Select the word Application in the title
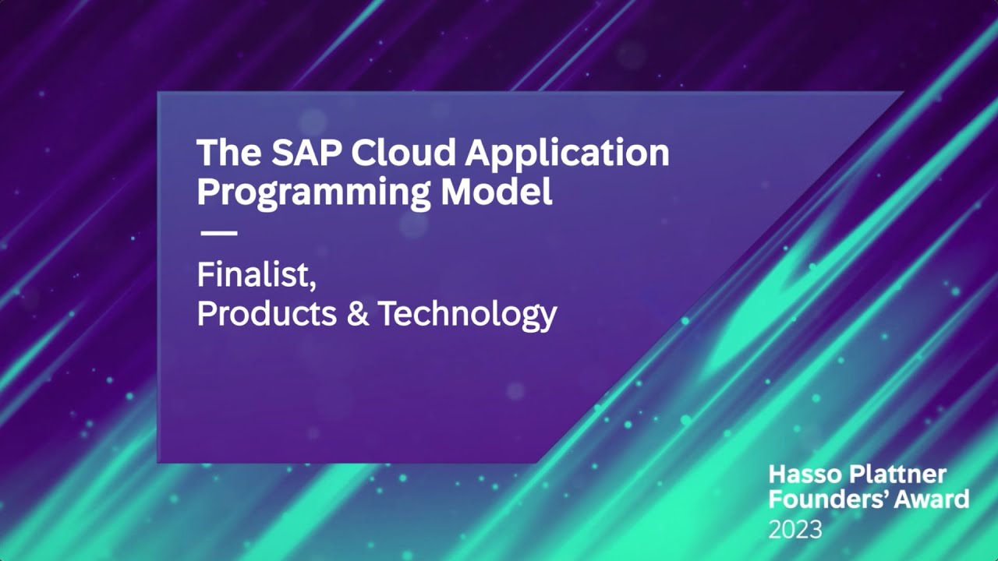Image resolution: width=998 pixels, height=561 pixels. (x=567, y=154)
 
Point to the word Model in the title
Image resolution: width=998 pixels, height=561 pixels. (x=497, y=191)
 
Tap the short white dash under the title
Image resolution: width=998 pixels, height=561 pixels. (x=218, y=233)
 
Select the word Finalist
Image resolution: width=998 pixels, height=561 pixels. (x=253, y=275)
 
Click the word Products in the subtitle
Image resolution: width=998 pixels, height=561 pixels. (x=267, y=313)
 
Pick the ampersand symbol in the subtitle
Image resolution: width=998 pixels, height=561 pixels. (x=358, y=313)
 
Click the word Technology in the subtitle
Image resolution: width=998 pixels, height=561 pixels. (x=467, y=314)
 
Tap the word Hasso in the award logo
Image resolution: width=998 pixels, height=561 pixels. (x=803, y=474)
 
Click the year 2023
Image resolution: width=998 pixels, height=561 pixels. (x=795, y=529)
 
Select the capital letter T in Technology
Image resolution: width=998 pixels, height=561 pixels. (x=388, y=313)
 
